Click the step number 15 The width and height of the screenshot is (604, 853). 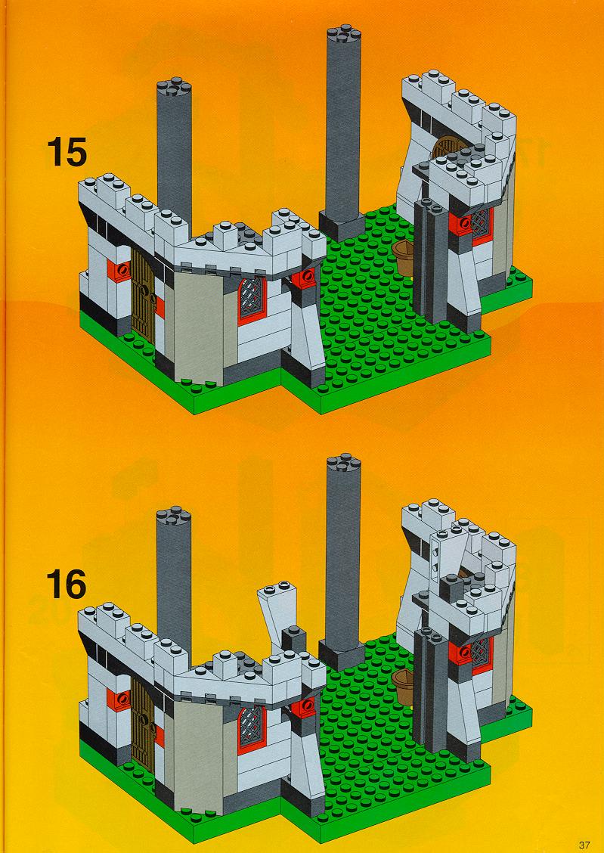coord(67,152)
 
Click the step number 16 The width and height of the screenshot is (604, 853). coord(66,585)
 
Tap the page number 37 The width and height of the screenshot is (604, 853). coord(584,845)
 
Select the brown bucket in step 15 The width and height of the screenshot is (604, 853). coord(403,257)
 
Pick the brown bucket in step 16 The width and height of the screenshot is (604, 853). coord(404,687)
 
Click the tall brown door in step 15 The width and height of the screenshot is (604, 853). coord(143,296)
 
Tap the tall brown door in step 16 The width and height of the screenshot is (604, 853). coord(143,724)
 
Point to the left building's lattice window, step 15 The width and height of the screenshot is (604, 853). coord(252,299)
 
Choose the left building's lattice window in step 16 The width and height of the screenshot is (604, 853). coord(252,728)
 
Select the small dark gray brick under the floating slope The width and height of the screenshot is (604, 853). coord(293,639)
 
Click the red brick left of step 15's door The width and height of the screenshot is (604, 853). coord(119,270)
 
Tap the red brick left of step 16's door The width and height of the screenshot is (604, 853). coord(119,699)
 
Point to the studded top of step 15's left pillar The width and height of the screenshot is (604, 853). coord(174,88)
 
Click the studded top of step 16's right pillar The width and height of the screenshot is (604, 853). coord(344,464)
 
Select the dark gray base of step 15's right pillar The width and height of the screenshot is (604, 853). coord(342,226)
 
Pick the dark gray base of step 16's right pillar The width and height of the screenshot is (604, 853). coord(342,656)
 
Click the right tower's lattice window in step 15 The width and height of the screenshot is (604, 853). coord(481,223)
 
